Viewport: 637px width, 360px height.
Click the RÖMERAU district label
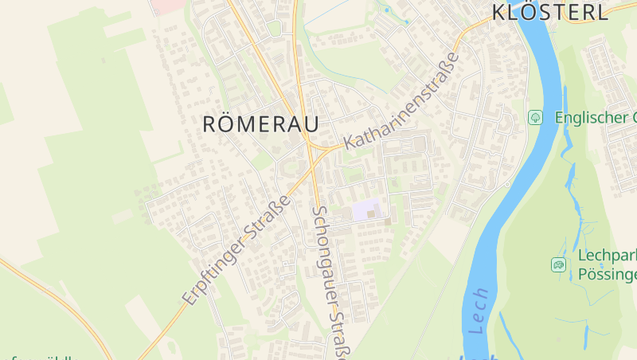coord(260,124)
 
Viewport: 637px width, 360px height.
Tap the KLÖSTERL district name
coord(549,12)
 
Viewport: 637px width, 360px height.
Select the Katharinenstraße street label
coord(403,102)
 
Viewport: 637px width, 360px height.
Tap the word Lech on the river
coord(479,311)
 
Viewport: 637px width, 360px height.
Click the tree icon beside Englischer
coord(536,117)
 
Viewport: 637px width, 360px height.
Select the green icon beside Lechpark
coord(558,264)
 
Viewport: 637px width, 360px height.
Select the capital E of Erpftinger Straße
coord(190,298)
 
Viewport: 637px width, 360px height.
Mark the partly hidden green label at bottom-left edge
coord(40,357)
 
